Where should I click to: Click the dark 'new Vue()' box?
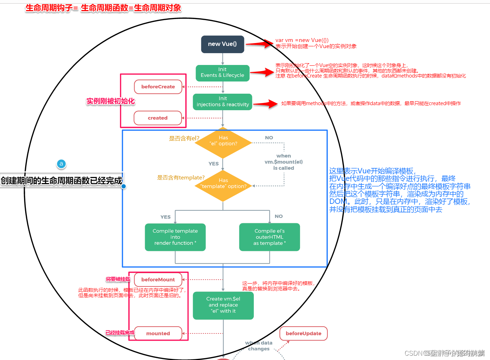[x=223, y=44]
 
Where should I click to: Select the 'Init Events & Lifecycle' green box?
[x=223, y=73]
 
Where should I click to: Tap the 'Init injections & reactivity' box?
[x=223, y=102]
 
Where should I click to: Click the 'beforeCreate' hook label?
[x=158, y=87]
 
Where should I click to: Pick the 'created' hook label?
[x=158, y=118]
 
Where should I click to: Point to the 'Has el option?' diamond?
[x=223, y=143]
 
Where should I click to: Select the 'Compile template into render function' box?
[x=175, y=237]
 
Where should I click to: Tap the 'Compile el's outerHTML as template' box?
[x=269, y=237]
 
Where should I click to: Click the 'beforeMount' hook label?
[x=158, y=280]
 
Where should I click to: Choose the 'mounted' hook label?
[x=158, y=333]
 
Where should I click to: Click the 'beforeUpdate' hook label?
[x=303, y=333]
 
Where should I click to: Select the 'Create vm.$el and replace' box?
[x=223, y=305]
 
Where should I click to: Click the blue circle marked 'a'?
[x=61, y=164]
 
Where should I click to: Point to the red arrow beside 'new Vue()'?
[x=259, y=44]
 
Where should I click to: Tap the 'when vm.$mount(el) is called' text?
[x=284, y=162]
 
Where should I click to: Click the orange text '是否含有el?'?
[x=184, y=139]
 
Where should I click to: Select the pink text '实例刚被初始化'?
[x=111, y=101]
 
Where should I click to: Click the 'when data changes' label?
[x=259, y=346]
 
